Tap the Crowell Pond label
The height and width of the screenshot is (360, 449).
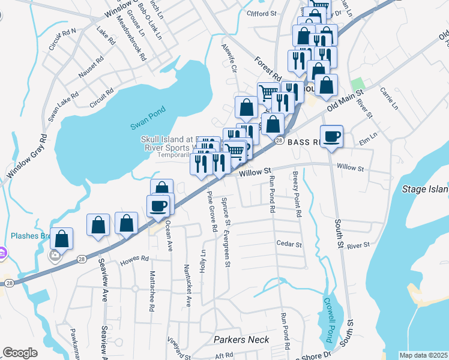329,320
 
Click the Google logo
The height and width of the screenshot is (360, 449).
20,352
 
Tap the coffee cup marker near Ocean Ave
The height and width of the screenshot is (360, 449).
158,206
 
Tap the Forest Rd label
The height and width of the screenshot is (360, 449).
268,69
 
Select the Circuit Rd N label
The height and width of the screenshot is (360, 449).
62,38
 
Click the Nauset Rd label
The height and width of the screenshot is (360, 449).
91,68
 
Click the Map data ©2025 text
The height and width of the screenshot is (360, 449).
423,355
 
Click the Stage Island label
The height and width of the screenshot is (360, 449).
424,190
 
